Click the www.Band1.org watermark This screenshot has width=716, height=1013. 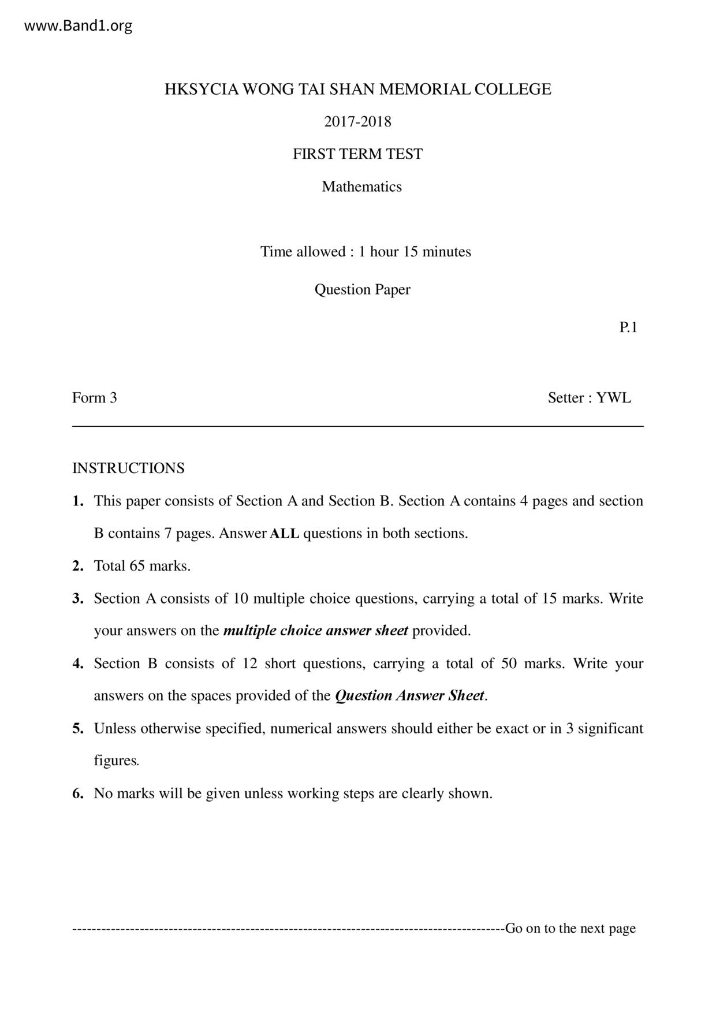tap(79, 26)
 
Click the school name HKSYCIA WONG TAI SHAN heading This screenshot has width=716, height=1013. tap(357, 90)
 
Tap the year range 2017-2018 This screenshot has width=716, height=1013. tap(357, 122)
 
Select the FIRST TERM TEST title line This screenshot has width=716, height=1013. tap(357, 154)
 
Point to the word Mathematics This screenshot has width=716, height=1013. tap(361, 187)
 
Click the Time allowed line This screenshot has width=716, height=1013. tap(366, 252)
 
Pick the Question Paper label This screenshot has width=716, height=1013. tap(362, 289)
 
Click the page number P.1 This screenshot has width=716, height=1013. tap(628, 327)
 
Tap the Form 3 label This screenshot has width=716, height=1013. tap(95, 398)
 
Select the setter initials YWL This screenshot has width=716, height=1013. tap(614, 398)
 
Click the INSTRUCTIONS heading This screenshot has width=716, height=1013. tap(128, 468)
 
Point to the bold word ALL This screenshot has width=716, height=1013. tap(285, 534)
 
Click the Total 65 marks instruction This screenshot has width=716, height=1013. tap(142, 566)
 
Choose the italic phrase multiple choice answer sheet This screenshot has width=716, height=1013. tap(315, 631)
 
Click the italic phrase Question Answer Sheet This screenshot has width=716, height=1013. tap(409, 696)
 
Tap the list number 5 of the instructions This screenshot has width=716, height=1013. tap(78, 728)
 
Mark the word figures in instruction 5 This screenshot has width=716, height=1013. tap(116, 761)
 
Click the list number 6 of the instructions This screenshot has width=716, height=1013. tap(78, 794)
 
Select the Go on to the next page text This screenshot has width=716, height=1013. tap(570, 929)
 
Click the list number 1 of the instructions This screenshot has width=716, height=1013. tap(78, 501)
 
